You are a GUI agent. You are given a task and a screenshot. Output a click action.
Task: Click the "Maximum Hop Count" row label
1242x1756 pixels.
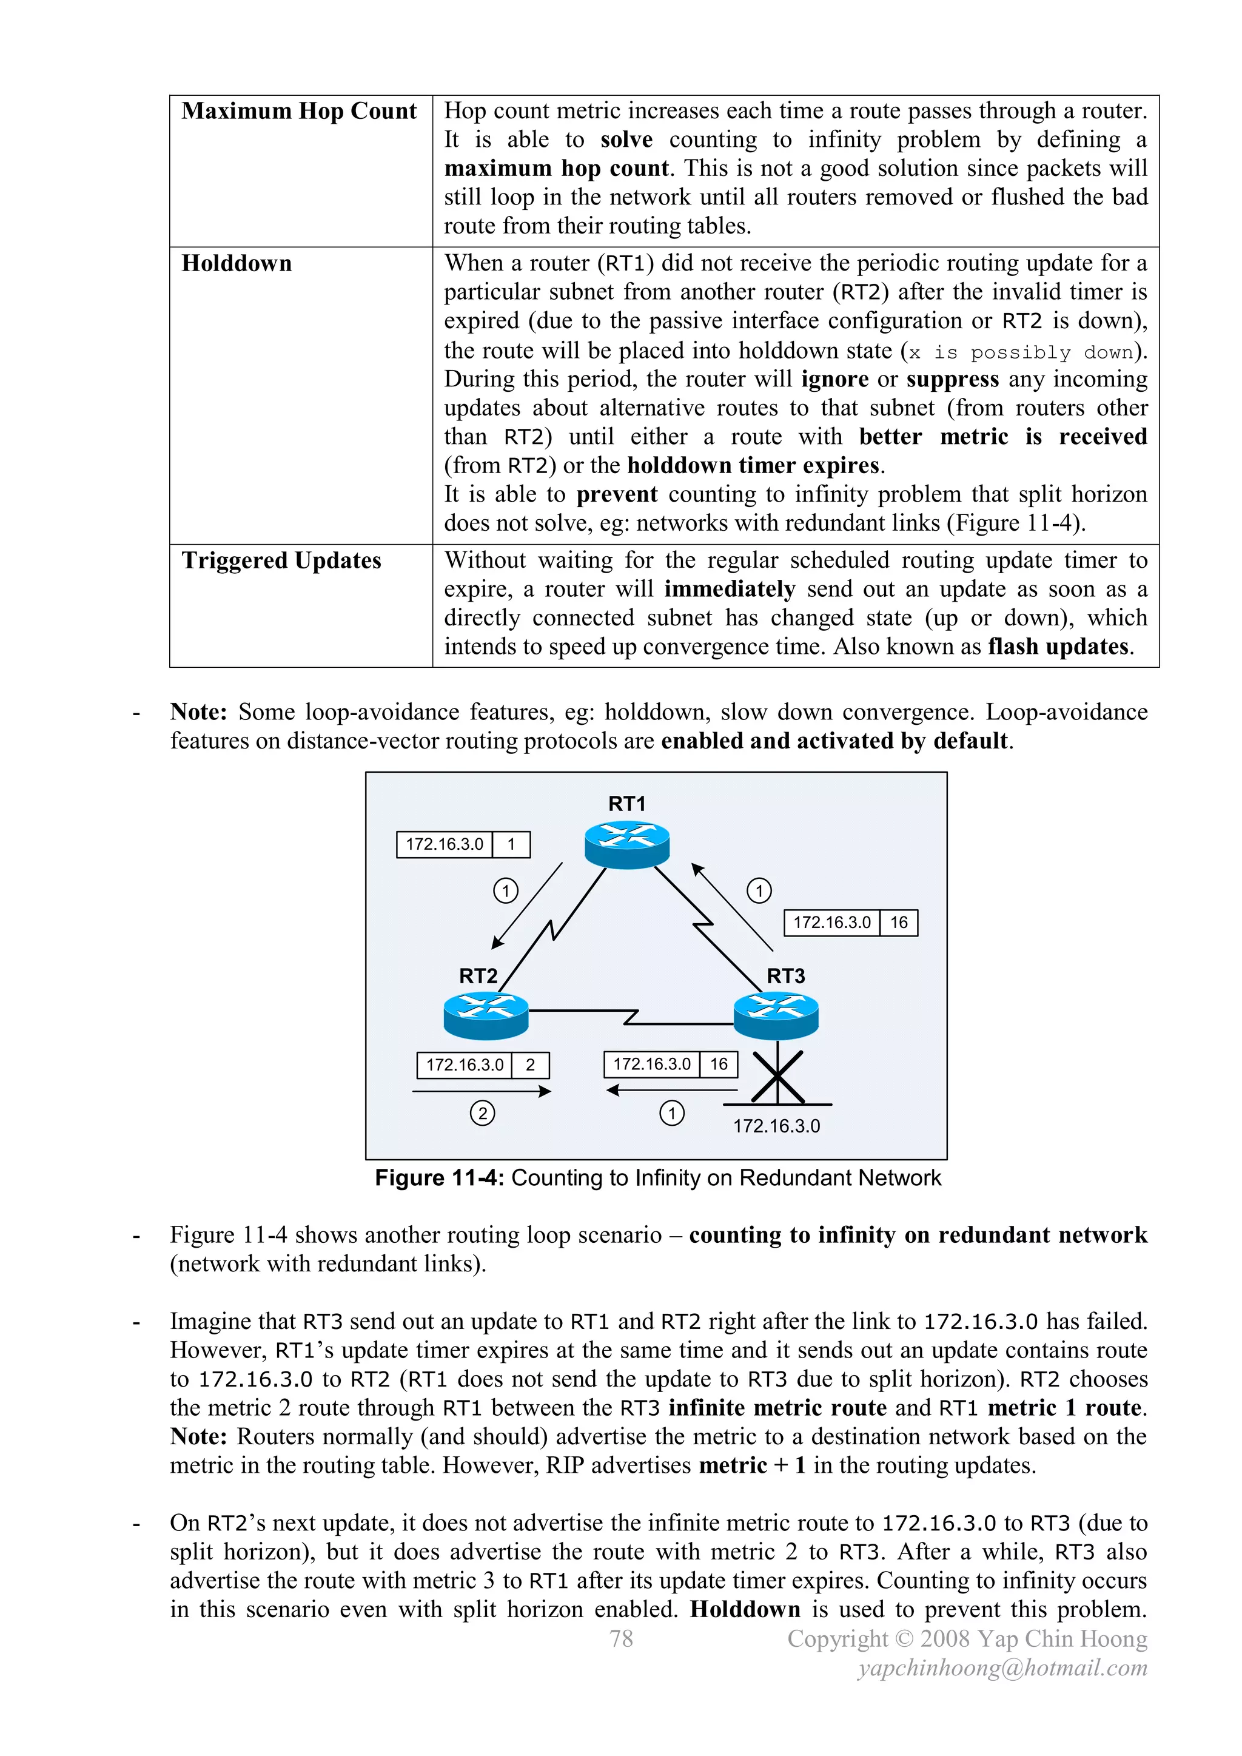(299, 112)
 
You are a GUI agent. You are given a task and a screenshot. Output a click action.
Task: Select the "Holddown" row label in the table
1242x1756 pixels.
(237, 264)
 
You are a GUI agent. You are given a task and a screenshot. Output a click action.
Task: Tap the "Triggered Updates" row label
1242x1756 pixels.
(281, 560)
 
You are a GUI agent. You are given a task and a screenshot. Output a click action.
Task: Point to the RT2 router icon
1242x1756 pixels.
(486, 1015)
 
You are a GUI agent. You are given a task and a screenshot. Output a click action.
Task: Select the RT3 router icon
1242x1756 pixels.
(776, 1015)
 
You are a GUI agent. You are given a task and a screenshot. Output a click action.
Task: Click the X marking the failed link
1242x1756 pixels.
(777, 1077)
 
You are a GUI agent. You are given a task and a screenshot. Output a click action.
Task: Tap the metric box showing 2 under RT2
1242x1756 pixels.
(530, 1065)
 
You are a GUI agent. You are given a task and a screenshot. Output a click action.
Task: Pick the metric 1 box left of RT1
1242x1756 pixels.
(511, 844)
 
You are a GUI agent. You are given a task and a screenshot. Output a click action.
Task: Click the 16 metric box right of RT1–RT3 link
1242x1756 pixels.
(899, 923)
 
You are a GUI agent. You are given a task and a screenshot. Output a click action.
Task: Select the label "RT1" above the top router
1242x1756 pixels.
(626, 804)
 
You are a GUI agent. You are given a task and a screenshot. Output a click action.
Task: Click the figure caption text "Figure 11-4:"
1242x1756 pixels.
(438, 1178)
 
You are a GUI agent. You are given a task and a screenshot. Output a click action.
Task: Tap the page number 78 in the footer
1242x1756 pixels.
(621, 1638)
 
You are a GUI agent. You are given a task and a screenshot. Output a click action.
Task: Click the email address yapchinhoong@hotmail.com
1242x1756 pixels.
(1002, 1668)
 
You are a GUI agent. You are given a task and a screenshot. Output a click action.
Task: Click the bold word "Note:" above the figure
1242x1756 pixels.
(198, 712)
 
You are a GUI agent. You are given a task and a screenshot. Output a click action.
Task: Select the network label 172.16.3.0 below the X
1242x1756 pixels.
(776, 1126)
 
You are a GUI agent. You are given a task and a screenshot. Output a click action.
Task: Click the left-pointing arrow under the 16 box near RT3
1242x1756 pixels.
(671, 1091)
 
